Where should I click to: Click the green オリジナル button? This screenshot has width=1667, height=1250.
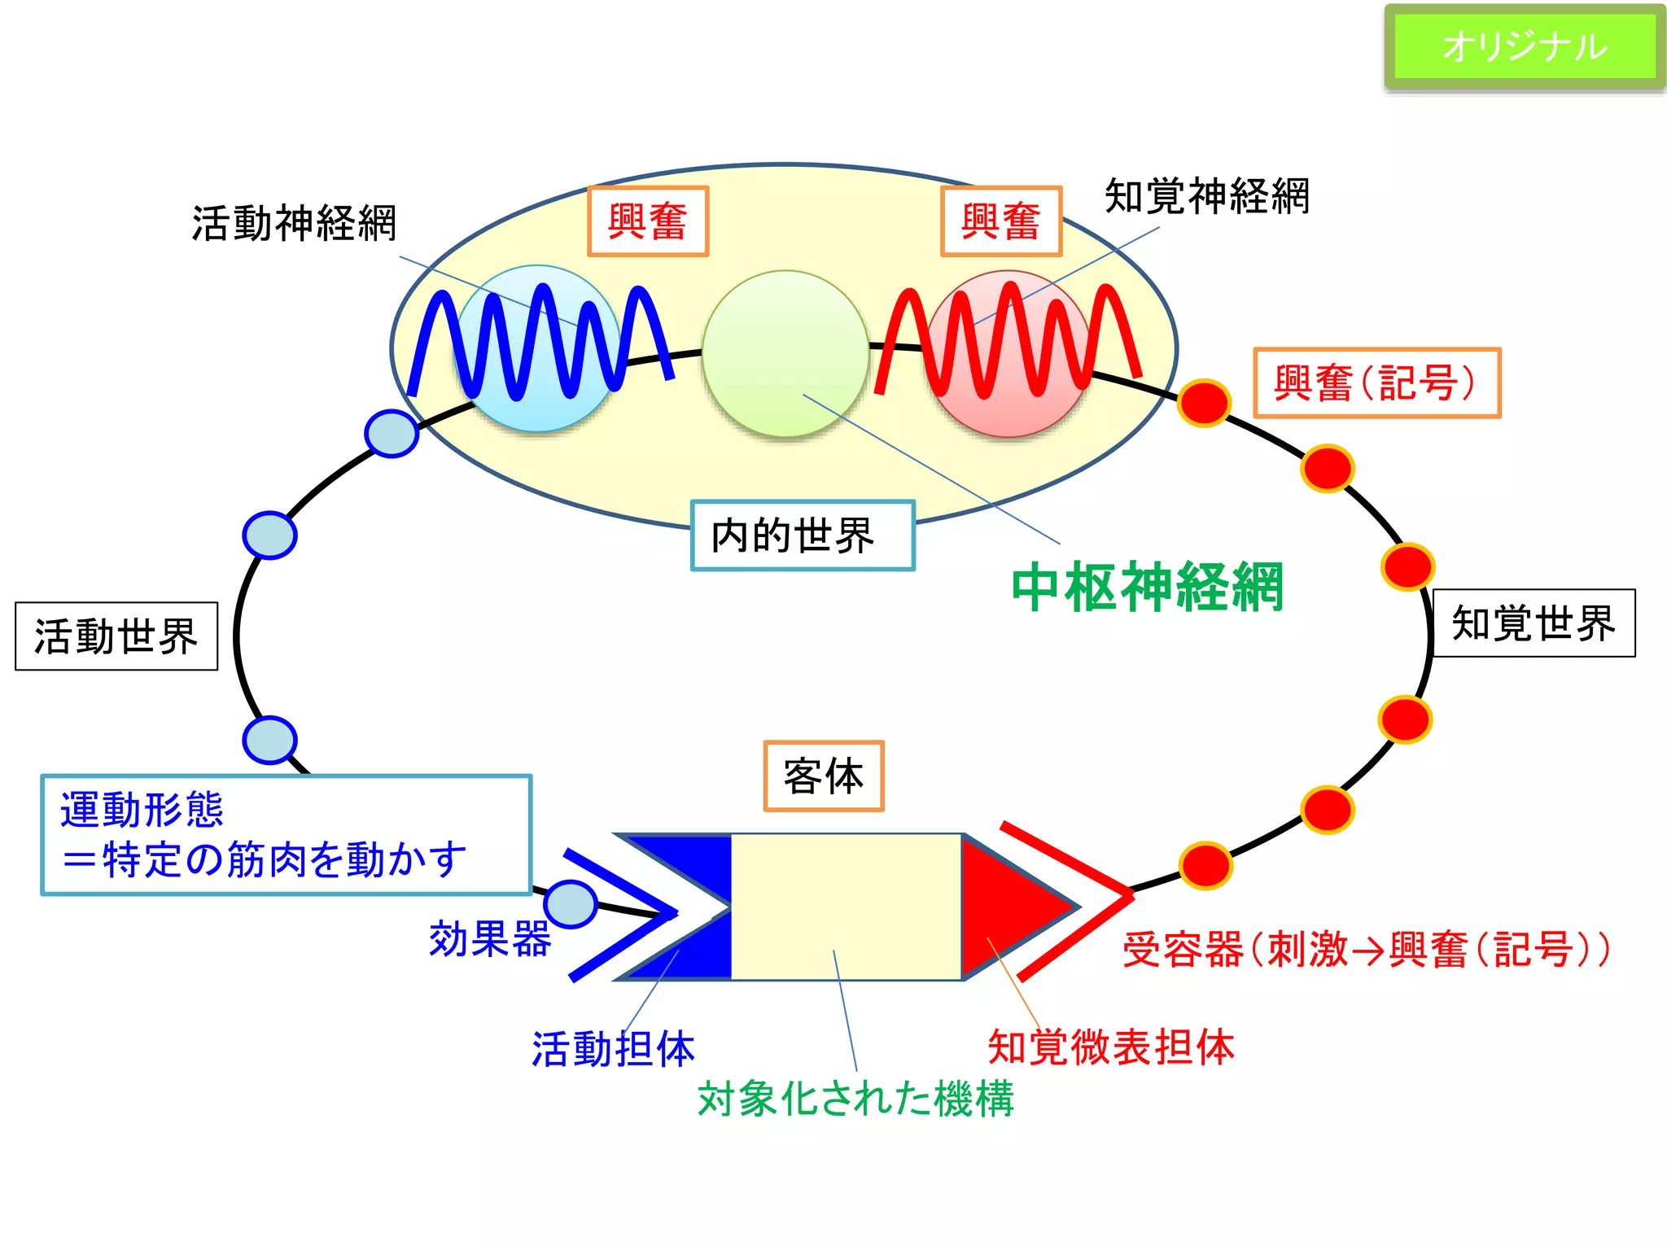1525,46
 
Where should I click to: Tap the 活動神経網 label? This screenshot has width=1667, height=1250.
294,223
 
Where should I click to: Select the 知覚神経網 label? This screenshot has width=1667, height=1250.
1207,196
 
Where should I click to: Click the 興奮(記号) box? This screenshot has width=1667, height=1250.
1376,382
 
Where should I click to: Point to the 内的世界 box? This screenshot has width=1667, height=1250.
803,535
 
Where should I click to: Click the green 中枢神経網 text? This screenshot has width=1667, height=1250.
1148,587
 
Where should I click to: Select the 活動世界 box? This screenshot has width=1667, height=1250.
116,636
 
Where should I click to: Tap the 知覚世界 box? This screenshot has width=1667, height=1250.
1534,623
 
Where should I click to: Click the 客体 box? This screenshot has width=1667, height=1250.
824,776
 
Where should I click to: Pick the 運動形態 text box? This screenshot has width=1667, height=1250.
286,835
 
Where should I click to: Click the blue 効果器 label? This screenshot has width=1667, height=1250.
490,939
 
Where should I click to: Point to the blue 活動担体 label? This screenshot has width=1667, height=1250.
614,1048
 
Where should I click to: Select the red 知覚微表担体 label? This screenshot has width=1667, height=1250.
1111,1047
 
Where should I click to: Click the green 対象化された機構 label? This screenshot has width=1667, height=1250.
856,1099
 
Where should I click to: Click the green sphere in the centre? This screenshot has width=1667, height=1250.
785,354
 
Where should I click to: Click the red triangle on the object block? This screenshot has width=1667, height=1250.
1009,907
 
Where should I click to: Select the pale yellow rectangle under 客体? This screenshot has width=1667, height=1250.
847,907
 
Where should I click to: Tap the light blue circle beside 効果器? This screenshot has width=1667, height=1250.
571,904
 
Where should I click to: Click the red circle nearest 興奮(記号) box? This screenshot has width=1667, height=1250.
1204,402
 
